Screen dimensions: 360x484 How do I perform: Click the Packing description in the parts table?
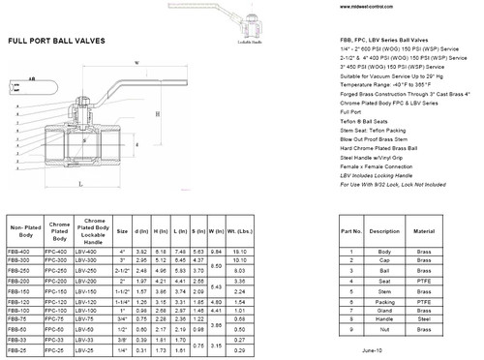click(383, 301)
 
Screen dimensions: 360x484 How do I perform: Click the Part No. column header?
click(350, 231)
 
